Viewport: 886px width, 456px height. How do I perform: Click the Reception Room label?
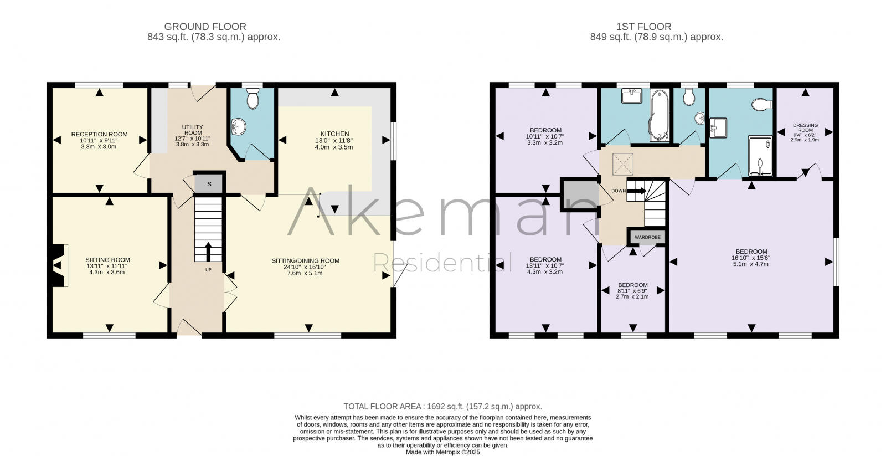click(x=99, y=134)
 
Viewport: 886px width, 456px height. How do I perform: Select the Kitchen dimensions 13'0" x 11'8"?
click(x=334, y=141)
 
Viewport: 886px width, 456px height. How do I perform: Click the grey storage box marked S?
click(x=209, y=184)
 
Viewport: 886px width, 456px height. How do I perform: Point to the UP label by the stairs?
click(x=208, y=270)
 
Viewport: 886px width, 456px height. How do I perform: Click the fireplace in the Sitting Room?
click(x=58, y=266)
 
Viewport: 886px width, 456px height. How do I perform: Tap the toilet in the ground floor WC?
click(x=253, y=100)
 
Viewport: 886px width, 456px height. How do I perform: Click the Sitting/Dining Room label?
click(x=305, y=260)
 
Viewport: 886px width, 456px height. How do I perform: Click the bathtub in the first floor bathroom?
click(x=658, y=115)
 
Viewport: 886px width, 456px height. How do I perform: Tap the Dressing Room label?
click(x=805, y=128)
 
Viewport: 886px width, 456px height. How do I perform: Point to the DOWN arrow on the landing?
click(x=637, y=191)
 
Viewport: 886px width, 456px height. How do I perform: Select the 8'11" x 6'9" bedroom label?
click(x=633, y=291)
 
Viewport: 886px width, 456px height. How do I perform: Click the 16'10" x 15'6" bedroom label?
click(x=751, y=258)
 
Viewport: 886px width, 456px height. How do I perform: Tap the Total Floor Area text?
click(x=442, y=406)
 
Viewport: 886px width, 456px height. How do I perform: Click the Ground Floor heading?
click(x=205, y=27)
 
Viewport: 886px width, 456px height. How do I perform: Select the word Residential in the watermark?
click(x=442, y=262)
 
